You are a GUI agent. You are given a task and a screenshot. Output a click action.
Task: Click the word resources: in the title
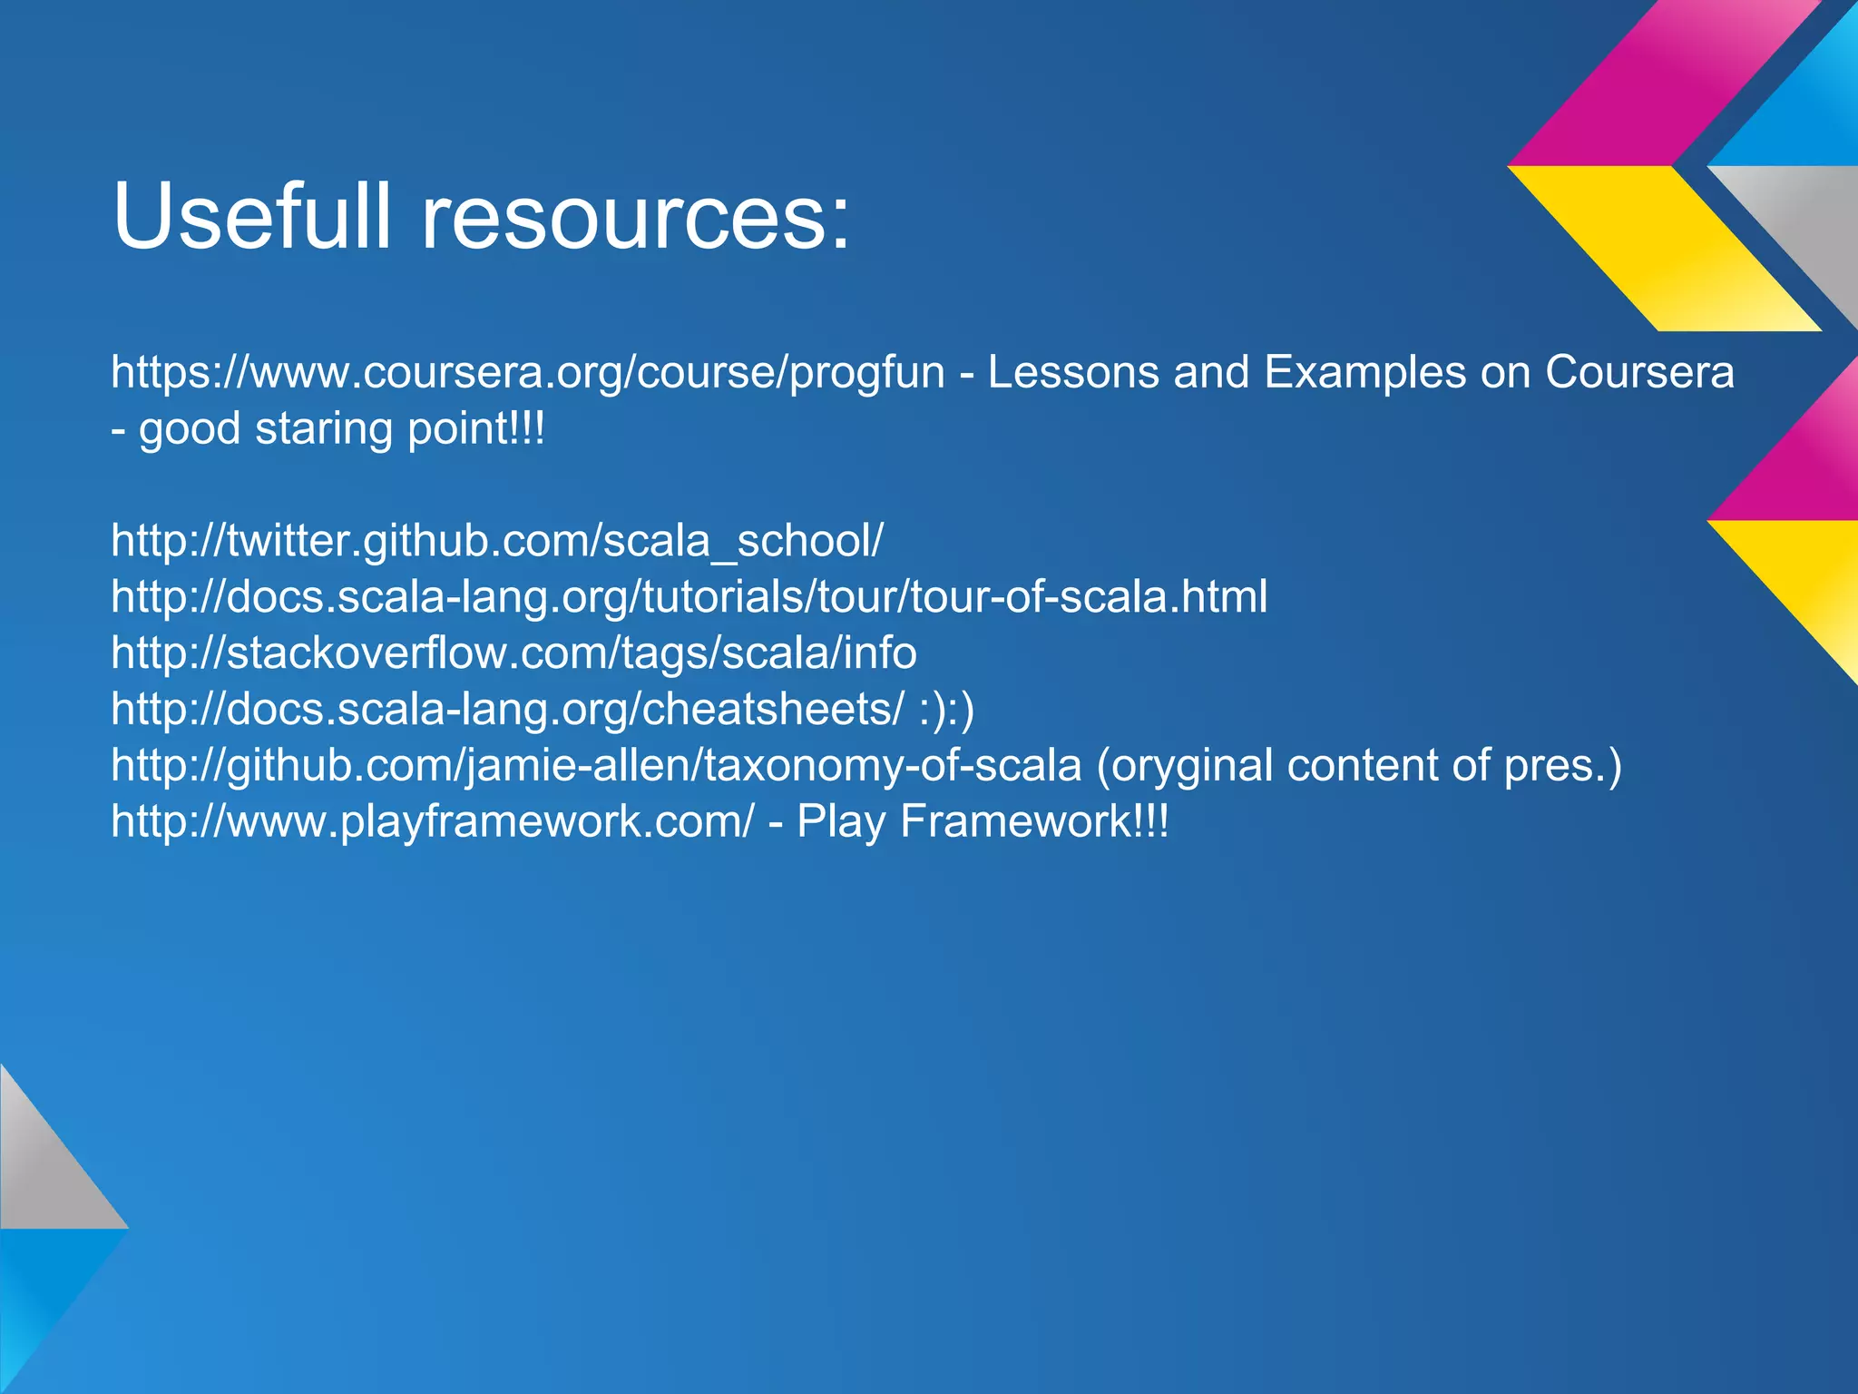point(635,218)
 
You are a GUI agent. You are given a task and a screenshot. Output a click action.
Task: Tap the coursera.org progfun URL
point(527,372)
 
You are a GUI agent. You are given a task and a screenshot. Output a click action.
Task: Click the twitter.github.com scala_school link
point(496,541)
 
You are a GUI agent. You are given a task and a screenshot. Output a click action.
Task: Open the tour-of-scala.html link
point(689,597)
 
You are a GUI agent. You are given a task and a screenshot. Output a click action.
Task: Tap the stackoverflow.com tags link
point(513,653)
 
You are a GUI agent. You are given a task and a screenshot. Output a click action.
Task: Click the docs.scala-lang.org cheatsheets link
point(507,709)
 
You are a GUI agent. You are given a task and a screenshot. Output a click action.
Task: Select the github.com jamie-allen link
point(596,765)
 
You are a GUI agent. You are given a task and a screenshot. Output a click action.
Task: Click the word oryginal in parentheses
point(1185,765)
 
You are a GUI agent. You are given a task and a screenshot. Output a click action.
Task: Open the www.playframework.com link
point(432,821)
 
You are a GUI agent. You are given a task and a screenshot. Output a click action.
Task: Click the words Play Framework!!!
point(983,821)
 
